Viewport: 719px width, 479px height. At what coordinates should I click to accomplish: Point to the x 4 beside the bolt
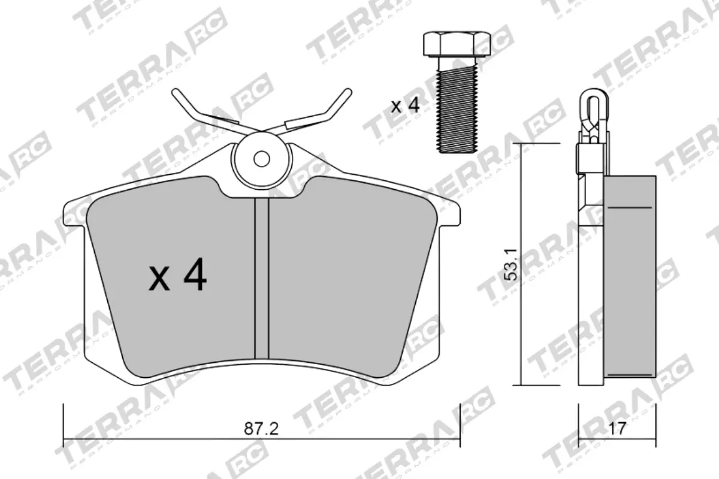[404, 107]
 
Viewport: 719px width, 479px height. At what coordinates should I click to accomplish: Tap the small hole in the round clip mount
[261, 159]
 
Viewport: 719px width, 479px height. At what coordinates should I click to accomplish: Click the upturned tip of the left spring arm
[177, 94]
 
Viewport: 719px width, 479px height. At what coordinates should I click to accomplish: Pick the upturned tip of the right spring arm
[344, 94]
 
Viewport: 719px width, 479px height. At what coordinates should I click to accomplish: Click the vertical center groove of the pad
[262, 275]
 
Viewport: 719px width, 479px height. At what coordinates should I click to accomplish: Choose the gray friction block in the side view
[630, 275]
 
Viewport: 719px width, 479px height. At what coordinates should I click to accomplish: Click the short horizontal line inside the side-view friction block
[629, 207]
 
